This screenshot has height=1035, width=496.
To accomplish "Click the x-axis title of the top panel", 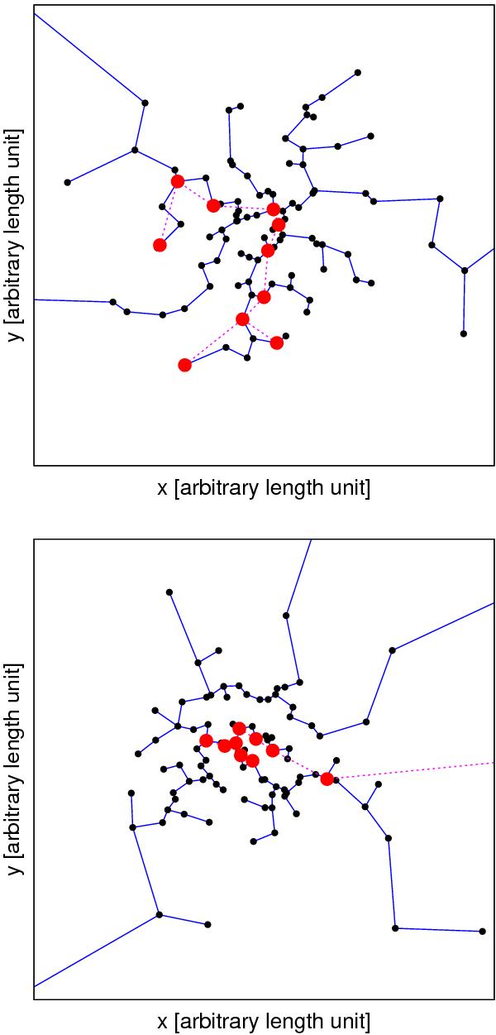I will tap(263, 489).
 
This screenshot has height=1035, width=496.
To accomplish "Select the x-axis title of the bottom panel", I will tap(263, 1019).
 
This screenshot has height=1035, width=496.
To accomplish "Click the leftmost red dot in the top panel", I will tap(160, 245).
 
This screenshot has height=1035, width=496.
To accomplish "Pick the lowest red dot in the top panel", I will tap(184, 365).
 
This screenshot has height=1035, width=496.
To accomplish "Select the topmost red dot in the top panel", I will tap(177, 181).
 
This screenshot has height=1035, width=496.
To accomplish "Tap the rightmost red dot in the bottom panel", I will tap(327, 779).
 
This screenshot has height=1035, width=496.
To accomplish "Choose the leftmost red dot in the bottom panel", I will tap(206, 740).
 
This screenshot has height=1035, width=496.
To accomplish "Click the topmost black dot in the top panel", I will tap(357, 72).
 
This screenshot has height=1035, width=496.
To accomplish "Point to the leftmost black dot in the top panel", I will tap(68, 182).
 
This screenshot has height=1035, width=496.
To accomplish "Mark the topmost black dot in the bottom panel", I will tap(169, 592).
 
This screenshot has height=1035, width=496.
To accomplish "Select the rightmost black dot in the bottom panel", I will tap(482, 931).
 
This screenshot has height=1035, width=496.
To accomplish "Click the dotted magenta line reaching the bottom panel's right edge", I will tap(413, 769).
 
